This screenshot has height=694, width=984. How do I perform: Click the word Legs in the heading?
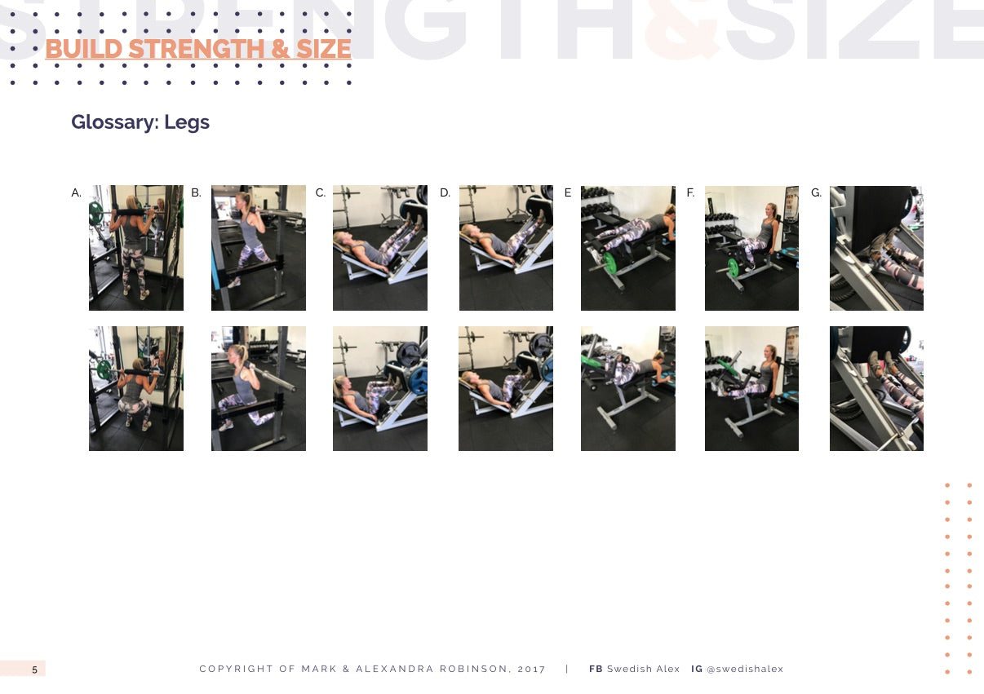tap(187, 122)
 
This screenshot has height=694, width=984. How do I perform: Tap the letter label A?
tap(76, 192)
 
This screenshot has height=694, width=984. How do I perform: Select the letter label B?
tap(196, 192)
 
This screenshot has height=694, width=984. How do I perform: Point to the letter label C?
tap(320, 192)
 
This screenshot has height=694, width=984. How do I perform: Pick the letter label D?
tap(445, 192)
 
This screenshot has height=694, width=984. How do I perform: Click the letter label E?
tap(568, 192)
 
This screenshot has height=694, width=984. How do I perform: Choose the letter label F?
tap(690, 192)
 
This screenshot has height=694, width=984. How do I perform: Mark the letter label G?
tap(816, 192)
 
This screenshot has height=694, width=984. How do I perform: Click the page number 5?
tap(35, 670)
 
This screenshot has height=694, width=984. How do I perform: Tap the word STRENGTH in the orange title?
tap(197, 49)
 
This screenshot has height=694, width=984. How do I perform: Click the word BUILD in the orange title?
tap(84, 49)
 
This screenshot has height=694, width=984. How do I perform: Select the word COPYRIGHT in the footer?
tap(236, 669)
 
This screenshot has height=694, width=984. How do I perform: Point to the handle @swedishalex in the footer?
tap(745, 669)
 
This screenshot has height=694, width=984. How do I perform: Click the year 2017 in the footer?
tap(531, 669)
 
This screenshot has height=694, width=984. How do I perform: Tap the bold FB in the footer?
tap(596, 669)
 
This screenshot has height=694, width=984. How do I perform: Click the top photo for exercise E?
tap(627, 248)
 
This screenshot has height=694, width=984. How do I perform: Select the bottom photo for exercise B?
tap(259, 388)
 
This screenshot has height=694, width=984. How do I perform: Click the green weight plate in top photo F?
tap(733, 267)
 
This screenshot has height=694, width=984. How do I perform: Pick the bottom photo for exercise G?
tap(876, 388)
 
